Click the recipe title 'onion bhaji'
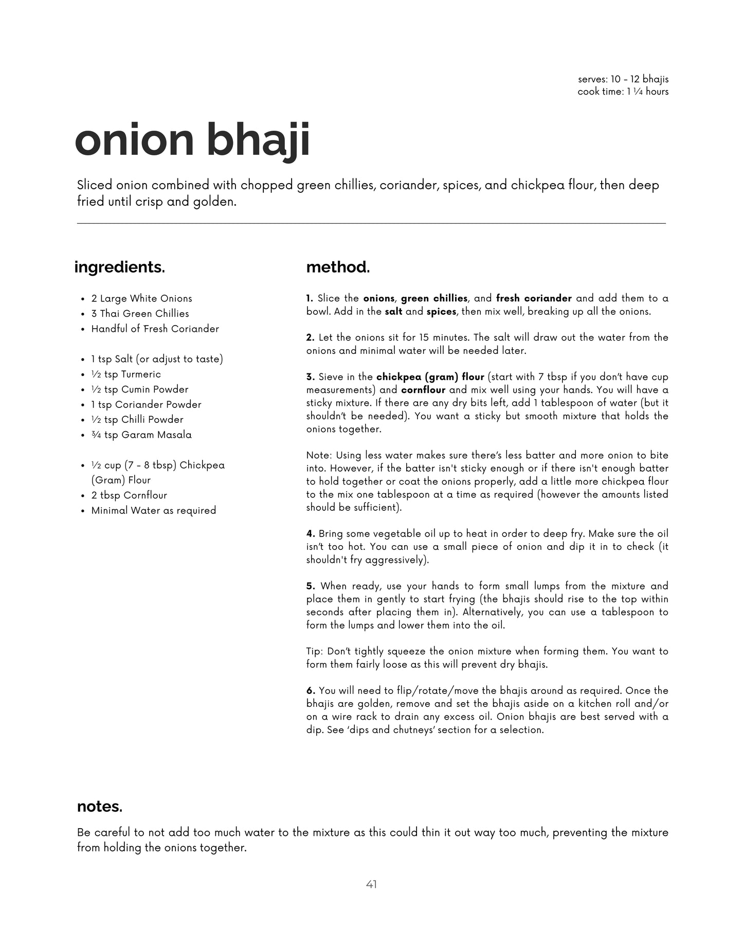point(192,141)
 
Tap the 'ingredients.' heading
point(119,267)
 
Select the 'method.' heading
point(338,267)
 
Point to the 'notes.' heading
point(100,807)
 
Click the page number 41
point(371,884)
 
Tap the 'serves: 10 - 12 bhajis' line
point(623,79)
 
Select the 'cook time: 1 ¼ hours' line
point(623,92)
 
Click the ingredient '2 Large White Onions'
point(141,298)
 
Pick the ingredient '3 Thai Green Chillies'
point(140,313)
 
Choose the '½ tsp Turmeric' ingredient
point(126,374)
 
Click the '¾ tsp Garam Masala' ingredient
point(141,435)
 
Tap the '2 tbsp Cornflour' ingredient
point(129,495)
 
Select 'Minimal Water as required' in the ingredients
point(153,510)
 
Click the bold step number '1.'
point(310,298)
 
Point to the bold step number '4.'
point(311,534)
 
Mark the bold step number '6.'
point(311,691)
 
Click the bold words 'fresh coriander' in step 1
point(534,298)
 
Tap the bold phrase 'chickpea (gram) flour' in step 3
point(430,377)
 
